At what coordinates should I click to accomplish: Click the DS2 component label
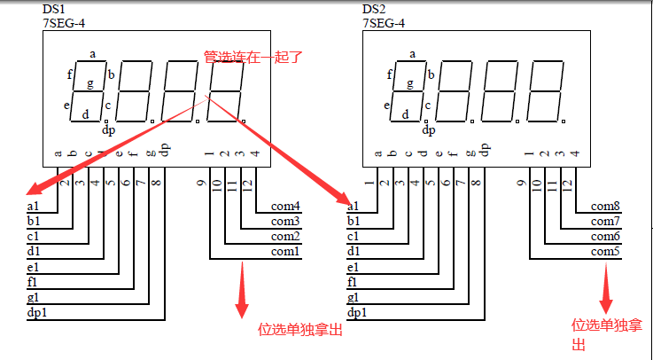(373, 10)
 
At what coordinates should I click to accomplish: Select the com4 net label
(286, 207)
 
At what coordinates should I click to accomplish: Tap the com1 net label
(286, 252)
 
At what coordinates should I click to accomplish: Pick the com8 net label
(606, 207)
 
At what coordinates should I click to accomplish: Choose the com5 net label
(606, 252)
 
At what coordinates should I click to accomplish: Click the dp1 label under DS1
(37, 313)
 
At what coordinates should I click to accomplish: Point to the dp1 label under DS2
(357, 313)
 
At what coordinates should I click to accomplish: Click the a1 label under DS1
(34, 207)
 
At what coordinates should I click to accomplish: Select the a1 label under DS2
(354, 207)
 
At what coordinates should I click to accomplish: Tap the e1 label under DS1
(34, 267)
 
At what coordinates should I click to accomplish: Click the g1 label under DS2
(354, 298)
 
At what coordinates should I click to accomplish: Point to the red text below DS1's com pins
(299, 330)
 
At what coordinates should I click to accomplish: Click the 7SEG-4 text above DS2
(385, 23)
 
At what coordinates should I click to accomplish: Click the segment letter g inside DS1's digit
(89, 84)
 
